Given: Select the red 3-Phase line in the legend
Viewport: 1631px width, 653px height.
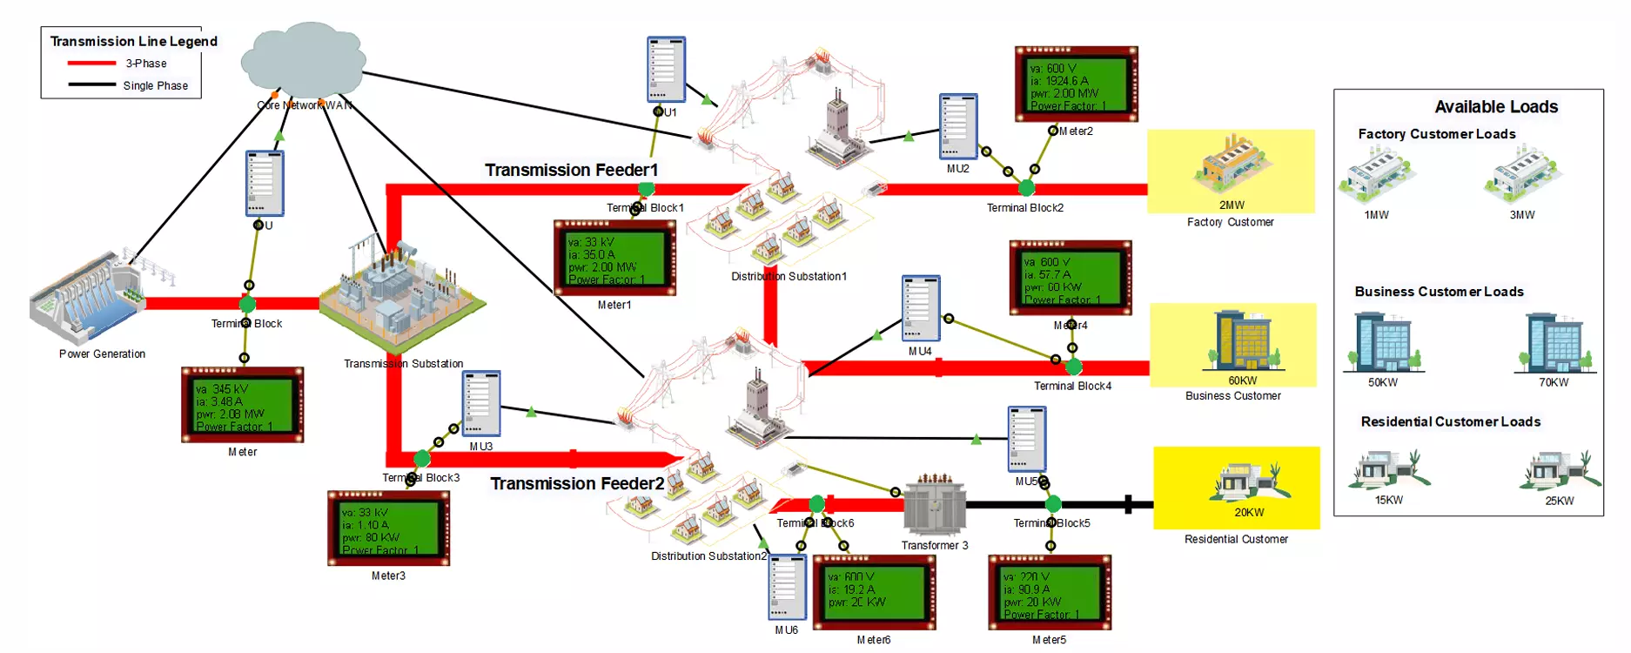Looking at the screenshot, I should tap(91, 64).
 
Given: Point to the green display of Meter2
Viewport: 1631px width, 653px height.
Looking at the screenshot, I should tap(1076, 84).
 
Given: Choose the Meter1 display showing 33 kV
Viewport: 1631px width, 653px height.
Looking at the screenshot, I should tap(614, 258).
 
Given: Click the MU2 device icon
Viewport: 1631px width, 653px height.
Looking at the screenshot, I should tap(958, 126).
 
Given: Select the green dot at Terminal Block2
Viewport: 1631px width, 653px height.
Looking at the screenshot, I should tap(1027, 187).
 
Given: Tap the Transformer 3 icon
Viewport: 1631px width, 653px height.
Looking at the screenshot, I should tap(935, 506).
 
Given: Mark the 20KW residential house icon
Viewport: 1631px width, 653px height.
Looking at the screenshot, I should tap(1248, 480).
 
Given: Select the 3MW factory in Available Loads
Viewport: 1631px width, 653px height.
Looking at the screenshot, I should tap(1522, 173).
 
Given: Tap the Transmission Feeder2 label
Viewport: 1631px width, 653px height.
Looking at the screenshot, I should tap(577, 483).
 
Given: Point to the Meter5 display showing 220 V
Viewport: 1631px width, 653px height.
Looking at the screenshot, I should tap(1050, 593).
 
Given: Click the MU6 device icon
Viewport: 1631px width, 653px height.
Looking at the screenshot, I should tap(787, 588).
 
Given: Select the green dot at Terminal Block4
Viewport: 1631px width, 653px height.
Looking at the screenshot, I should tap(1074, 367).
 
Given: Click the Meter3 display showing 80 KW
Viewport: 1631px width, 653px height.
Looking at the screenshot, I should tap(388, 528).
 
